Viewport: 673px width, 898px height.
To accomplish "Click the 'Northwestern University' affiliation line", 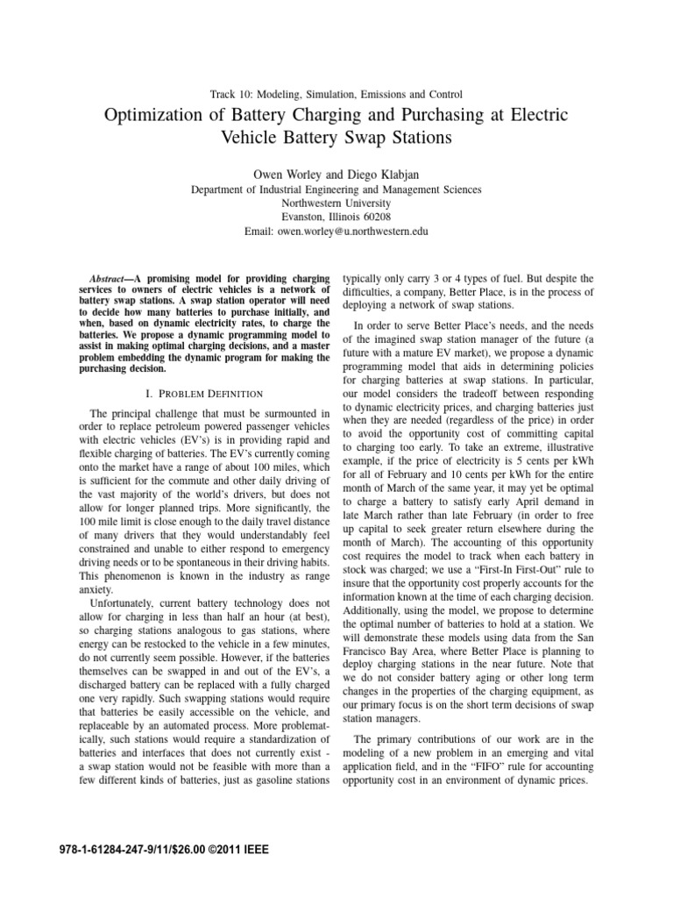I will [x=336, y=203].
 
